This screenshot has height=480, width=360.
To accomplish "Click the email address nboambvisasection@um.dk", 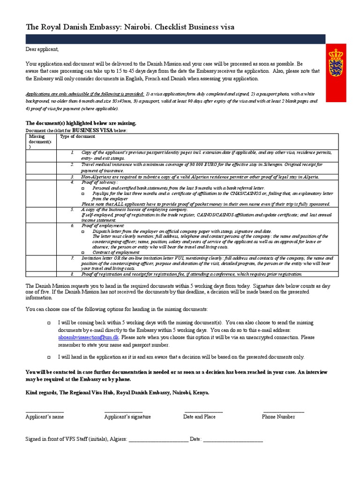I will tap(89, 337).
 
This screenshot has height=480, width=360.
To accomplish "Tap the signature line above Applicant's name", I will tap(45, 411).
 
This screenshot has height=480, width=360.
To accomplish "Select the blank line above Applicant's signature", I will tap(124, 411).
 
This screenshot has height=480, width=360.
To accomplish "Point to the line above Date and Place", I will tap(202, 411).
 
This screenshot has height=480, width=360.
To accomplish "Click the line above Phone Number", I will tap(283, 411).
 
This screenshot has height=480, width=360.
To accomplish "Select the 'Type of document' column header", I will tap(77, 136).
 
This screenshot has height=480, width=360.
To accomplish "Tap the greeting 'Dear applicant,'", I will tap(42, 49).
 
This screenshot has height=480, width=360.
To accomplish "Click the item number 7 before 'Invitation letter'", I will tap(72, 258).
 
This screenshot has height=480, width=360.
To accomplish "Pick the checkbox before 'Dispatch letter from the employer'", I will tap(83, 232).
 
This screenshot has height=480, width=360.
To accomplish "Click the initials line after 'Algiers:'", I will tap(157, 440).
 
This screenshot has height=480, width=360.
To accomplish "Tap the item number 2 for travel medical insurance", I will tap(72, 165).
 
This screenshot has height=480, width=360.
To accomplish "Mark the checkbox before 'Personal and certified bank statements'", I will tap(83, 187).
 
